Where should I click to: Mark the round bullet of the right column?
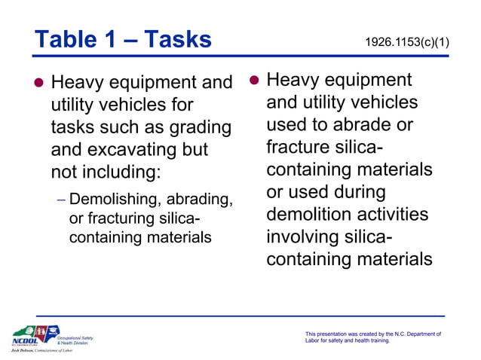254,80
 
